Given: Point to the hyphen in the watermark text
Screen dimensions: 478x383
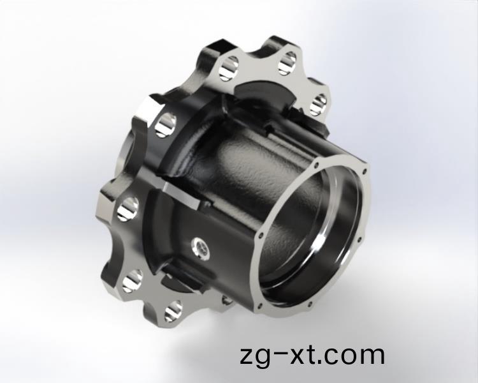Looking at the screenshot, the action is (280, 353).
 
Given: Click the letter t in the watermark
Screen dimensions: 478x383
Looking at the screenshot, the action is (311, 354).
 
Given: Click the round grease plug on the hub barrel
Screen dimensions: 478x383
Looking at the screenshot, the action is (200, 247).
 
